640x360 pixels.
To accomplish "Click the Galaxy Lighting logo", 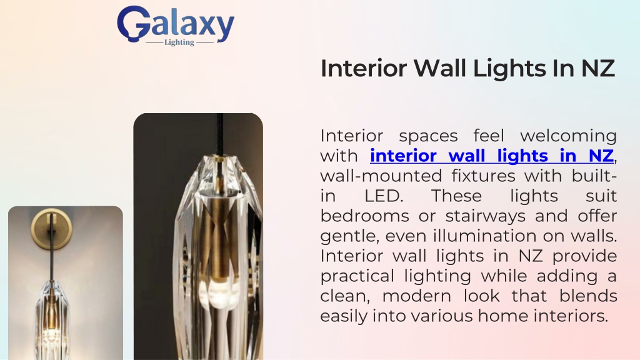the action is tap(176, 25).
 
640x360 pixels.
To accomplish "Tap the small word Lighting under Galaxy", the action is tap(179, 42).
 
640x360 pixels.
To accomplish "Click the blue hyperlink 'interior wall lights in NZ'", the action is tap(492, 156).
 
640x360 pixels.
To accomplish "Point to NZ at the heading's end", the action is tap(597, 68).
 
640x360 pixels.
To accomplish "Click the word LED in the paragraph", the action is tap(383, 196).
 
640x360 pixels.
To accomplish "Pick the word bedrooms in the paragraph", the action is tap(364, 216).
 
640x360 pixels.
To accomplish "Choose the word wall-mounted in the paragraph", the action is tap(381, 176).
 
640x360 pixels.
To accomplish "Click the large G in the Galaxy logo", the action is tap(132, 23).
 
